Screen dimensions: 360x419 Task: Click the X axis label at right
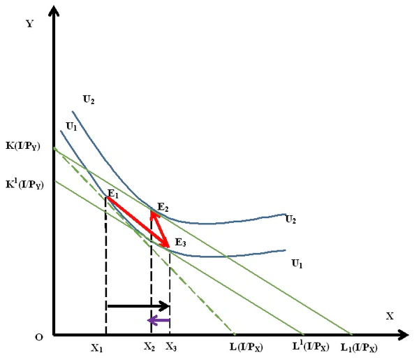coord(389,316)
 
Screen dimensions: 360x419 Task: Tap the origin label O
coord(41,337)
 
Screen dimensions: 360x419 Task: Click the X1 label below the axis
coord(97,346)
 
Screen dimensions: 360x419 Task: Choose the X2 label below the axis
coord(149,346)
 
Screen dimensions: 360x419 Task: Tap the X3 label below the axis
coord(170,346)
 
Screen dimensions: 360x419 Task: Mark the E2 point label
coord(163,207)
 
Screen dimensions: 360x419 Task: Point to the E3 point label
coord(181,242)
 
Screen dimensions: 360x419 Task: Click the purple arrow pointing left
coord(158,321)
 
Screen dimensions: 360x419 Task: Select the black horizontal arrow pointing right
coord(138,305)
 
